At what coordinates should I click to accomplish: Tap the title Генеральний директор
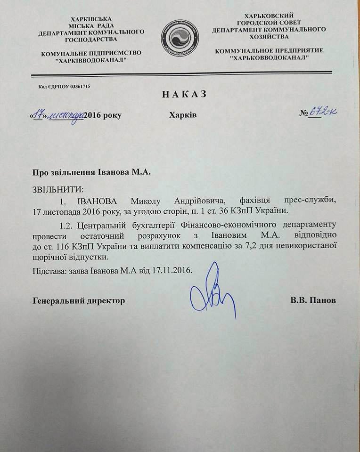click(x=79, y=300)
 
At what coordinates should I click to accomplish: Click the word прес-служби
click(x=309, y=200)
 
